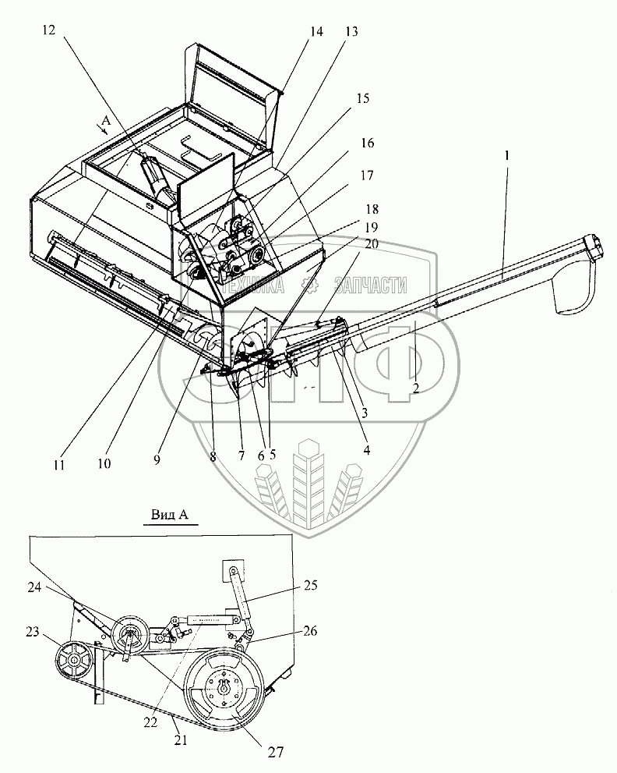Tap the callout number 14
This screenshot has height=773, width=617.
(x=316, y=32)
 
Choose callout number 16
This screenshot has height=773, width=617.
(x=367, y=144)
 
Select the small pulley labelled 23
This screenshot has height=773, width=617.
(x=75, y=661)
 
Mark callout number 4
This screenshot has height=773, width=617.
(x=365, y=449)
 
